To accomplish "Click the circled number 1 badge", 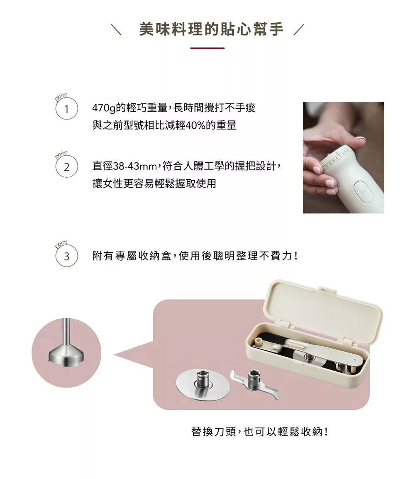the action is [x=66, y=109].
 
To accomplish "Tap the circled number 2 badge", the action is [x=66, y=167].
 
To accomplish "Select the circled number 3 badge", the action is [x=66, y=256].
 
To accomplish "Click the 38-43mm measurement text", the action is [x=135, y=166].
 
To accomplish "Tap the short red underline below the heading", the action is [x=207, y=48].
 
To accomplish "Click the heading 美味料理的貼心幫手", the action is [x=212, y=29].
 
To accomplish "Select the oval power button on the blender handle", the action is [x=363, y=192].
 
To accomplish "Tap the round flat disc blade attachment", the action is [x=203, y=384].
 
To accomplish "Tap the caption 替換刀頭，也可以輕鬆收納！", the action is [x=260, y=432].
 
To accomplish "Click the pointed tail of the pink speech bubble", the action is [x=114, y=354].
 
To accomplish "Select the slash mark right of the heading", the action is [x=299, y=29].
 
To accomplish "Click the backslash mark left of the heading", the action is [x=116, y=29].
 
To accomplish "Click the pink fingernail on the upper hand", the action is [x=361, y=139].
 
